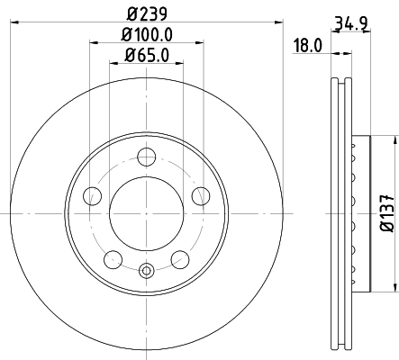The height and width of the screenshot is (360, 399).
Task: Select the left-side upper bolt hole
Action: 91,195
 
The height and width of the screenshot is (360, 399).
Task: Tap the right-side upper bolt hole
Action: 202,195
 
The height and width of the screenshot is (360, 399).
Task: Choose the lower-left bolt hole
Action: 113,259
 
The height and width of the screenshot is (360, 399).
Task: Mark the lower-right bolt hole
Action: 180,259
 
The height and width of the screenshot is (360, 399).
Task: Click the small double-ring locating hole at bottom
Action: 147,267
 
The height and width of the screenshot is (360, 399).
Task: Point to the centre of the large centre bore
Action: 147,212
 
